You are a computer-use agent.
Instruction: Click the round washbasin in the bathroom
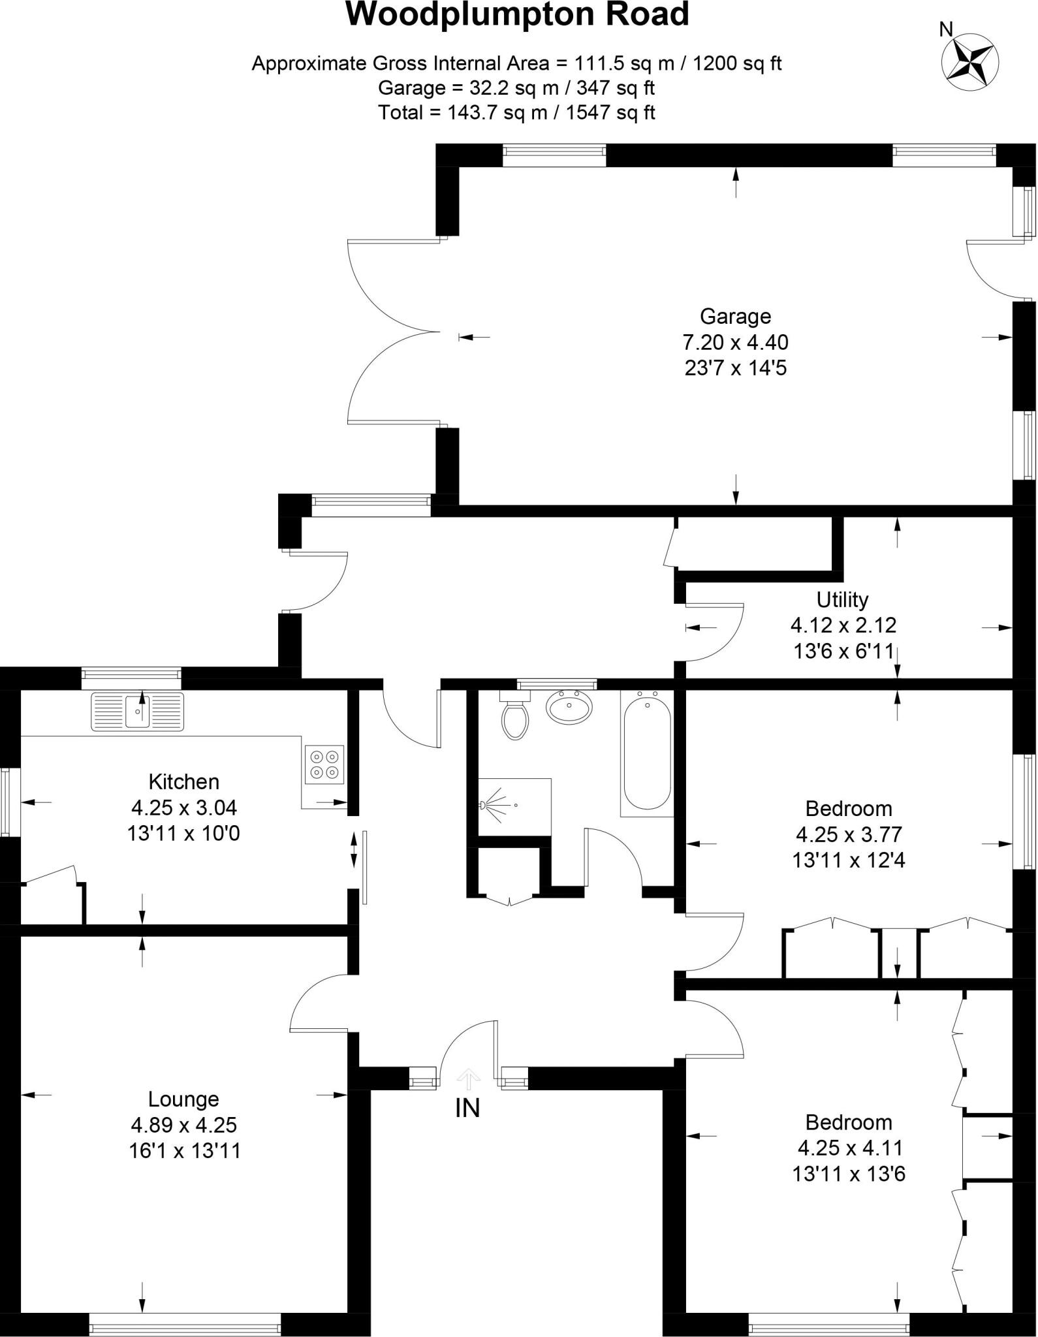click(x=569, y=706)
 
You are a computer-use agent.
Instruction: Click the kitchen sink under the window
click(x=138, y=711)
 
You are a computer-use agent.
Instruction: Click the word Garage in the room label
click(x=735, y=317)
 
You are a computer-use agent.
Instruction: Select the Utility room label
click(x=842, y=599)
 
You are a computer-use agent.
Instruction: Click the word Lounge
click(x=183, y=1099)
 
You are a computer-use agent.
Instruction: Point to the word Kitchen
click(x=183, y=781)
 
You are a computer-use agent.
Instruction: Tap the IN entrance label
click(x=467, y=1108)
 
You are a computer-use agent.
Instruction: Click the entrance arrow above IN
click(x=467, y=1079)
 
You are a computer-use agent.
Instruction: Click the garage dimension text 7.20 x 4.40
click(x=735, y=342)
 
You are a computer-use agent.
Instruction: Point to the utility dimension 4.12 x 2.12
click(x=843, y=625)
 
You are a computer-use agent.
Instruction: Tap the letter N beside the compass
click(x=946, y=29)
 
